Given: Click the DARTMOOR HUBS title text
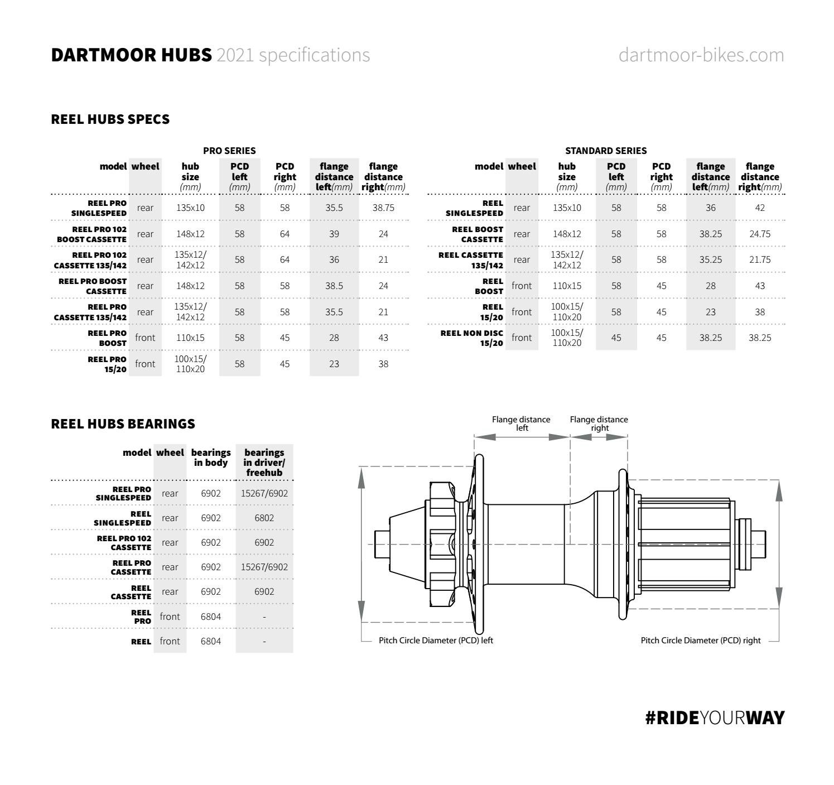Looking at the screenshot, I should tap(132, 55).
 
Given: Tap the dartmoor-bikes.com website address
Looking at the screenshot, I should tap(701, 55).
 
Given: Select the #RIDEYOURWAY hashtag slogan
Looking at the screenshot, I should tap(714, 717).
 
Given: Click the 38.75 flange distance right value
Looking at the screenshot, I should tap(383, 208).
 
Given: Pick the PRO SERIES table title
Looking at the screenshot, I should tap(229, 151).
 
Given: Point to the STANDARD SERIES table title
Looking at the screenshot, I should tap(606, 151).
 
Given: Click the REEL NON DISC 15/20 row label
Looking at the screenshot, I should tap(472, 338).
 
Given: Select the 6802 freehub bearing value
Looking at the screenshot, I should tap(264, 518).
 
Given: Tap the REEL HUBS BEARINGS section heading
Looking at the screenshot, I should tap(123, 424).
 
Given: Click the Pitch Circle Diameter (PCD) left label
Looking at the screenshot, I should tap(436, 640).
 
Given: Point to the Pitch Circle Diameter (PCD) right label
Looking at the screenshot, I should tap(700, 640).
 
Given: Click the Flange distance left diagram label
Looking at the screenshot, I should tap(521, 423).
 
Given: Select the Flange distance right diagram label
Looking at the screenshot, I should tap(599, 423).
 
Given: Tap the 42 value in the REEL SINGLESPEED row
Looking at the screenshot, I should tap(760, 208).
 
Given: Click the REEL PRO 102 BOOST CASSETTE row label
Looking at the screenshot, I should tap(91, 234).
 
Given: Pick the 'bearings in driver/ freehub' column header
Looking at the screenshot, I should tap(264, 463).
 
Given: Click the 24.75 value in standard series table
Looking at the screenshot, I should tap(760, 234).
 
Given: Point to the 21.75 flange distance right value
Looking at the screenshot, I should tap(760, 259).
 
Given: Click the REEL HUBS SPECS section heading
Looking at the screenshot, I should tap(110, 119).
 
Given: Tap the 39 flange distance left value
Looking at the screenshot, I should tap(334, 234).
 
